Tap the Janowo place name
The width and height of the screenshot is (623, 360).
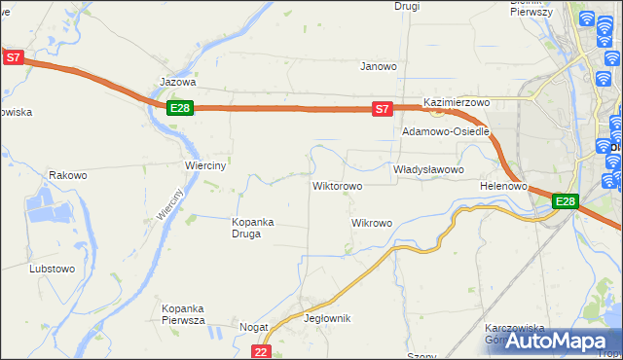click(x=379, y=67)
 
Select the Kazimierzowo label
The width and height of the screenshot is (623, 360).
click(x=456, y=102)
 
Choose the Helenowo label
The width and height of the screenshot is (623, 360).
click(x=503, y=186)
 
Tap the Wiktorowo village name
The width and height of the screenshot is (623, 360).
click(x=337, y=186)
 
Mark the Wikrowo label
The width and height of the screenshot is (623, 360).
click(x=371, y=223)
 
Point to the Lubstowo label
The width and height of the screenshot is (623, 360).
click(x=53, y=268)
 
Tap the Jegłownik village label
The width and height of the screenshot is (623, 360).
click(x=327, y=319)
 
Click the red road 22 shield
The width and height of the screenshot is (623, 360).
click(x=260, y=351)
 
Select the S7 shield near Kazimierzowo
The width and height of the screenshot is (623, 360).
click(x=383, y=110)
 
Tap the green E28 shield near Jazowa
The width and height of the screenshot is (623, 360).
click(x=179, y=108)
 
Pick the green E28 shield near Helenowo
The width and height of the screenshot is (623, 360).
click(x=566, y=201)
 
